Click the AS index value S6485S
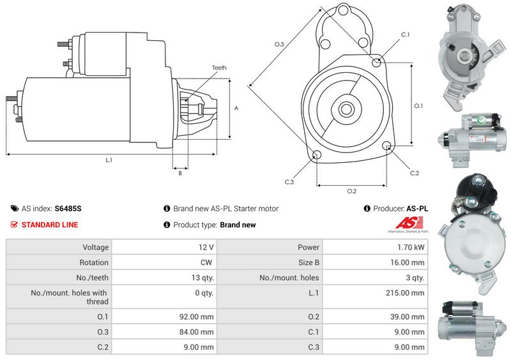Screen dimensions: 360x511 (68, 208)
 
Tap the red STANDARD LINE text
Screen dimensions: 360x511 (49, 225)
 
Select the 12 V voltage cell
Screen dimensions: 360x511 (206, 247)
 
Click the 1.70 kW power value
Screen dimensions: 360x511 (412, 247)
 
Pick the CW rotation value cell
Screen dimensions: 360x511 (208, 262)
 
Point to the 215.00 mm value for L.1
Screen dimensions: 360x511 (409, 293)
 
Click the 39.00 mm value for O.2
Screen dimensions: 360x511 (410, 317)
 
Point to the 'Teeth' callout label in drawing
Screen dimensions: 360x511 (219, 68)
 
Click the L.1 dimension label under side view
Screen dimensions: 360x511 (109, 160)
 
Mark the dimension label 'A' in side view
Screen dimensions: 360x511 (236, 109)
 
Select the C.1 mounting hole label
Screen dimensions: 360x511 (405, 34)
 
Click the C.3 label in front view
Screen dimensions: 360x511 (289, 182)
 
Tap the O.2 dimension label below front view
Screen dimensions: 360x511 (351, 191)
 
